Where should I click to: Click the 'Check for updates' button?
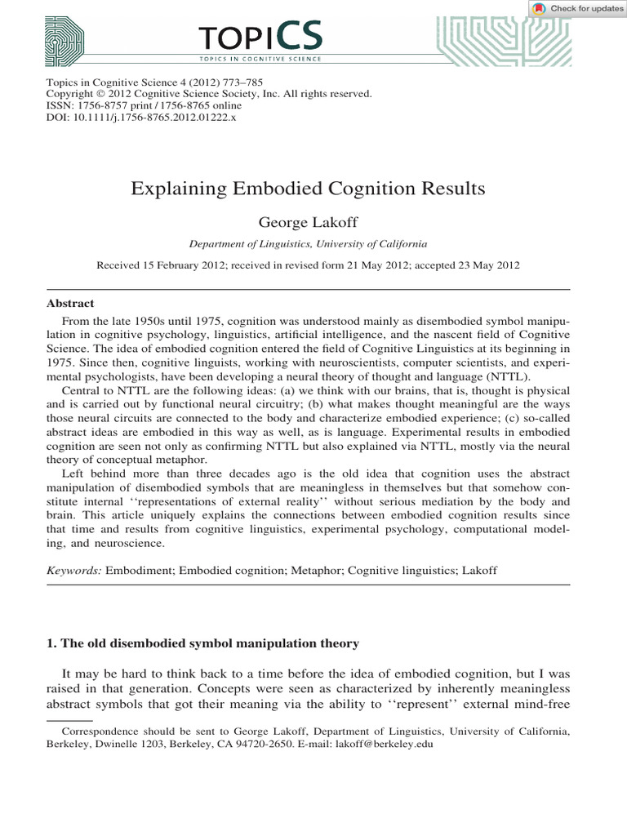pos(577,9)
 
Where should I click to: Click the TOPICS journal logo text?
pos(260,38)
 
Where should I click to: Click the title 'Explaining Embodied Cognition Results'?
pos(308,189)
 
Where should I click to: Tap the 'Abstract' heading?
pos(70,303)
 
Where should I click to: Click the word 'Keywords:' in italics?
pos(74,571)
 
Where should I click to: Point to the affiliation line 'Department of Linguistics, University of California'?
pos(308,243)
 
